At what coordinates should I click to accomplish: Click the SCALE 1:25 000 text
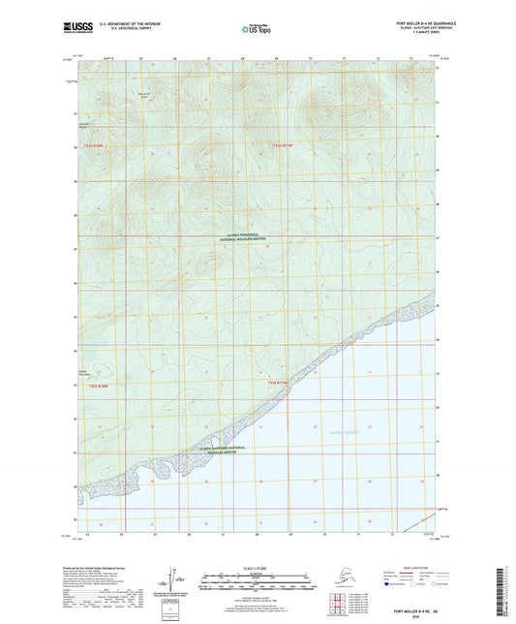tap(257, 567)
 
